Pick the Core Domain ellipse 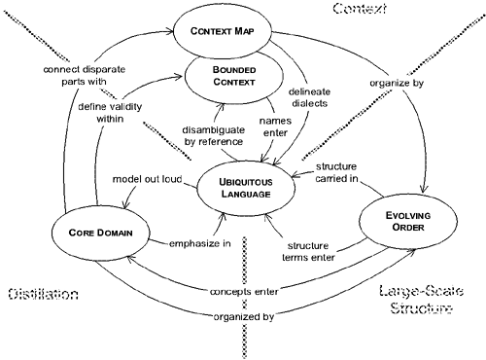[99, 234]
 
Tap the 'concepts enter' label [243, 291]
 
